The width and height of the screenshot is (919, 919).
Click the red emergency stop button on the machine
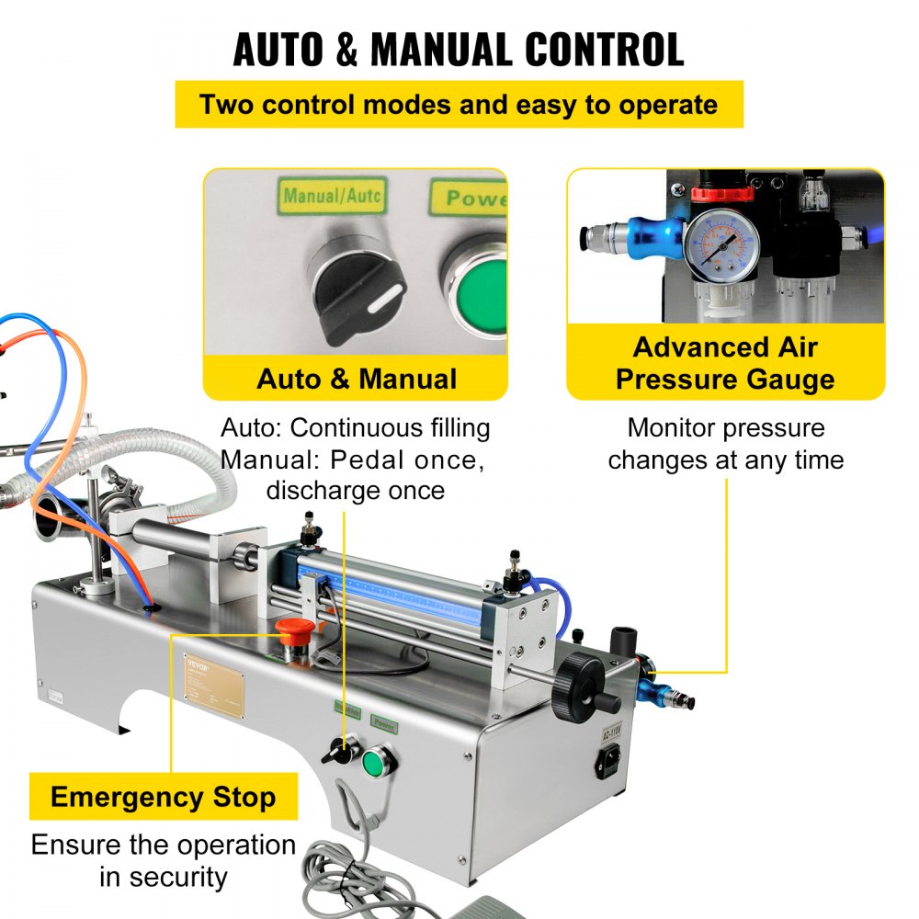pyautogui.click(x=291, y=631)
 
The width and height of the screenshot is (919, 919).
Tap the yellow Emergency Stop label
pyautogui.click(x=163, y=797)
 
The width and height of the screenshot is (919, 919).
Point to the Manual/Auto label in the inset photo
pyautogui.click(x=332, y=195)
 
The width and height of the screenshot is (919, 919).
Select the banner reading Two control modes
pyautogui.click(x=459, y=104)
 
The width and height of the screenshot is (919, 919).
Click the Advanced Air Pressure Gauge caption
pyautogui.click(x=725, y=364)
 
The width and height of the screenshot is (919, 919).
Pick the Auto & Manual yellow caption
pyautogui.click(x=356, y=379)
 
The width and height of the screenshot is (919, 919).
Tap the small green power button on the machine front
pyautogui.click(x=374, y=762)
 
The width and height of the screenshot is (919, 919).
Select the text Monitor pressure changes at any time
pyautogui.click(x=725, y=444)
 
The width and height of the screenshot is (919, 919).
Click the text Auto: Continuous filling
pyautogui.click(x=356, y=428)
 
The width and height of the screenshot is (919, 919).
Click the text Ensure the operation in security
pyautogui.click(x=163, y=860)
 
